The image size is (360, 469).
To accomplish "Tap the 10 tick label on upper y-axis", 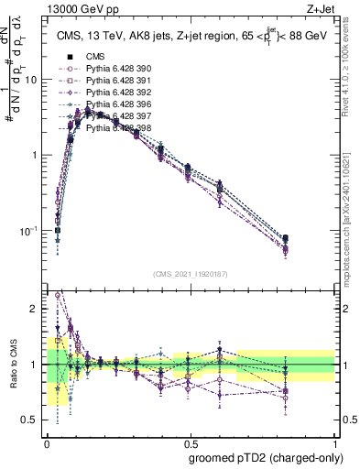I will (31, 80).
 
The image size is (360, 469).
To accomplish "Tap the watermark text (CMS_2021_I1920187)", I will (191, 273).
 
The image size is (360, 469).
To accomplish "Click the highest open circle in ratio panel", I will (59, 295).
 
